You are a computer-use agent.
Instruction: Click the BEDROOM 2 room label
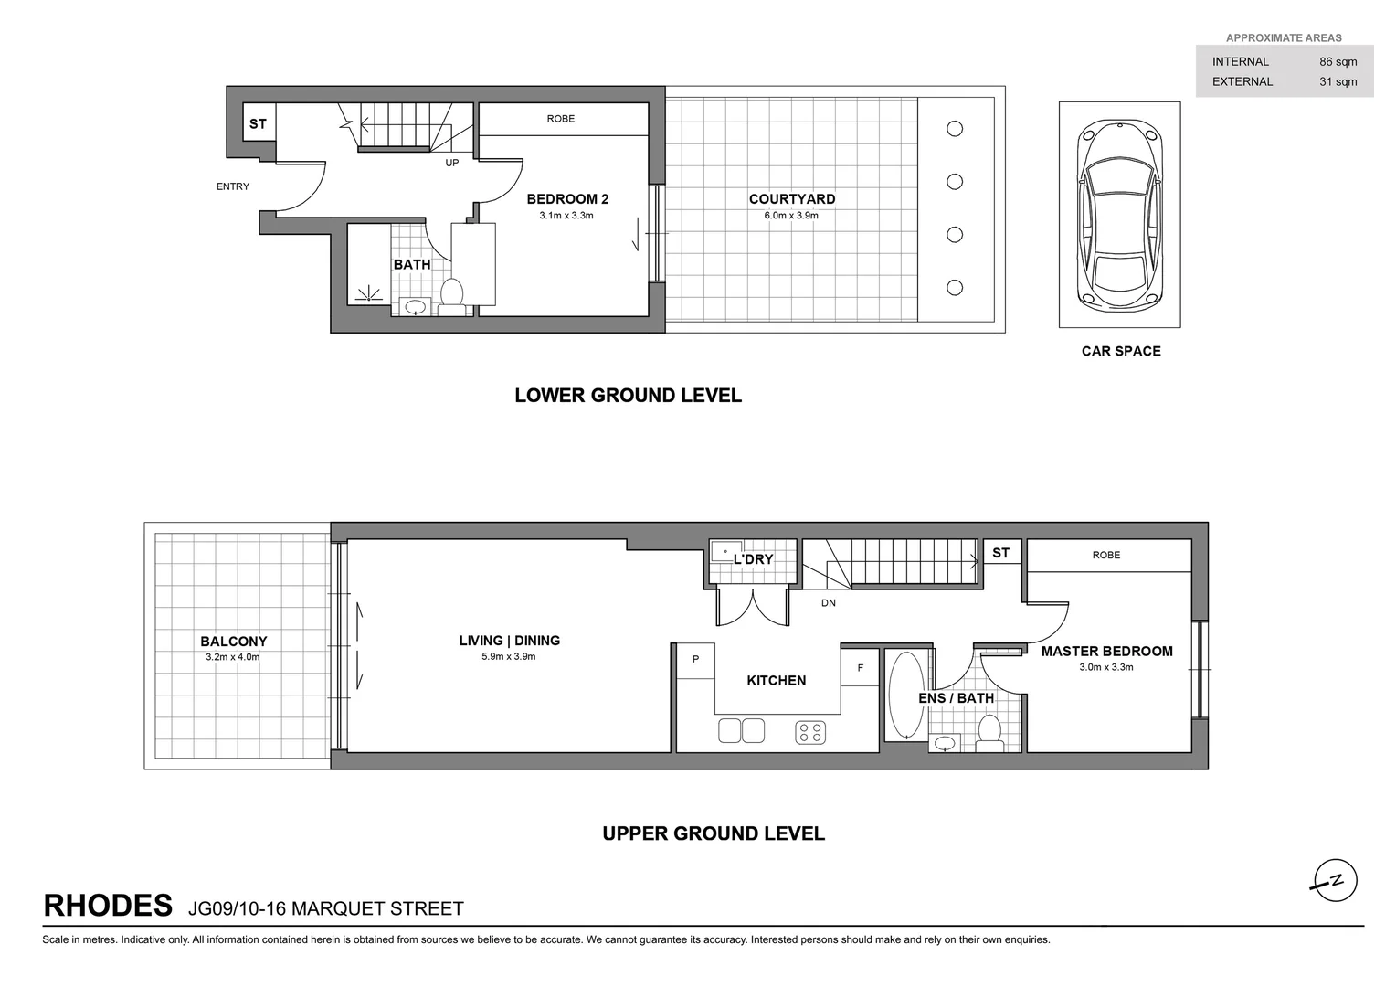(x=567, y=199)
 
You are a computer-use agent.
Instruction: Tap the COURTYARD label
(x=791, y=199)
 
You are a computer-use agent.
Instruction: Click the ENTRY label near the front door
(x=233, y=186)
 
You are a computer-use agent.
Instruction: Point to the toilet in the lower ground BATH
(x=451, y=294)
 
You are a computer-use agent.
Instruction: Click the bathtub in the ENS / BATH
(x=906, y=695)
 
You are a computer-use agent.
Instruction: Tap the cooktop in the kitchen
(x=810, y=732)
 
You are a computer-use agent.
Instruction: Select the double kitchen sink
(x=741, y=731)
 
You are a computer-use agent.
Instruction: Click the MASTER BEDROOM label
(x=1106, y=652)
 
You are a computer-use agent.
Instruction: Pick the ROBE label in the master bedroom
(x=1105, y=555)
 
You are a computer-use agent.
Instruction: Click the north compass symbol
(x=1335, y=882)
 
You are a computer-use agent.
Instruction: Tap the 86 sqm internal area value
(x=1338, y=62)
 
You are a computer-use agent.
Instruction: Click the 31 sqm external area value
(x=1338, y=82)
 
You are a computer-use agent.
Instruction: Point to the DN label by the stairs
(x=828, y=603)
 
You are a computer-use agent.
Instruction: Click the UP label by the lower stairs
(x=452, y=164)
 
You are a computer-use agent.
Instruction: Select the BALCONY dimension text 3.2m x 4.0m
(x=232, y=657)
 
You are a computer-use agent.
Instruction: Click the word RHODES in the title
(x=108, y=906)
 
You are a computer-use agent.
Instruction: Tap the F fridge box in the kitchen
(x=860, y=668)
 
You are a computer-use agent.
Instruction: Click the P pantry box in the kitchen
(x=695, y=660)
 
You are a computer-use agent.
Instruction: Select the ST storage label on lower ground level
(x=259, y=124)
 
